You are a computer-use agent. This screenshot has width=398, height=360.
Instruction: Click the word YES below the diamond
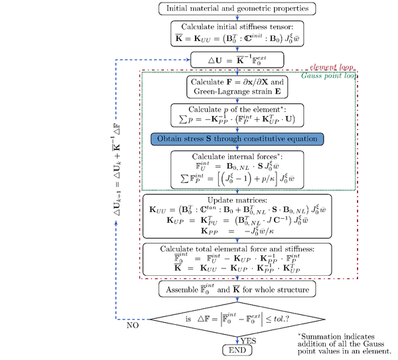249,340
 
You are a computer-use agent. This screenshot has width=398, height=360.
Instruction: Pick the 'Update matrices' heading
237,199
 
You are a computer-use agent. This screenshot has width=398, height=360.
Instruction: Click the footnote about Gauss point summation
344,345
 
